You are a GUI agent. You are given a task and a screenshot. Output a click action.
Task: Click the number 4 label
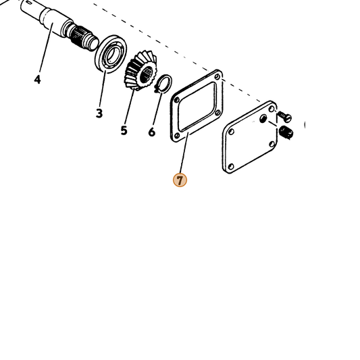point(37,80)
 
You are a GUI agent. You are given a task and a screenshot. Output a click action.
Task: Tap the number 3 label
point(99,113)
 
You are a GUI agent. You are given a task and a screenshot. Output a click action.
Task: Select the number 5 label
point(124,130)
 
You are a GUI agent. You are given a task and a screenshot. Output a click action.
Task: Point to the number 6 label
point(151,132)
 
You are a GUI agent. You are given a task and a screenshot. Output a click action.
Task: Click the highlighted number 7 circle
point(180,180)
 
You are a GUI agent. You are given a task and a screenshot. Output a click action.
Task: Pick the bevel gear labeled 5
point(140,70)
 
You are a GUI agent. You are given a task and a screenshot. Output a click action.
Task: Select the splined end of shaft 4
point(82,36)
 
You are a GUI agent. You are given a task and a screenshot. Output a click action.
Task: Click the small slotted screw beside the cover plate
point(285,116)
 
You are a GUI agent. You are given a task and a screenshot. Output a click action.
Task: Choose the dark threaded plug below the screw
point(286,132)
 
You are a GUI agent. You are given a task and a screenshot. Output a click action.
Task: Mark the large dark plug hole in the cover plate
point(263,118)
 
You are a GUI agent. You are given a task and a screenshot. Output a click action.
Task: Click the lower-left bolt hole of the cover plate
point(231,166)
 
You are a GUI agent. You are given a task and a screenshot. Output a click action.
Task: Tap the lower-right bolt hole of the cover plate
point(272,144)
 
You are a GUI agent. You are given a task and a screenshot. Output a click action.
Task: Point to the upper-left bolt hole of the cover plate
point(232,132)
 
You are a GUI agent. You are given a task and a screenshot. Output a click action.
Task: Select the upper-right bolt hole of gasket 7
point(217,77)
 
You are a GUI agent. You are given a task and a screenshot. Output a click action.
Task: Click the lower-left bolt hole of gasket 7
point(177,136)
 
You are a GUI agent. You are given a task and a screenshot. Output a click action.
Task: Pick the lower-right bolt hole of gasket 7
point(218,113)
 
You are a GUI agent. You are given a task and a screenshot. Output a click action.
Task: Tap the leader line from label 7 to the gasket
point(184,153)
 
